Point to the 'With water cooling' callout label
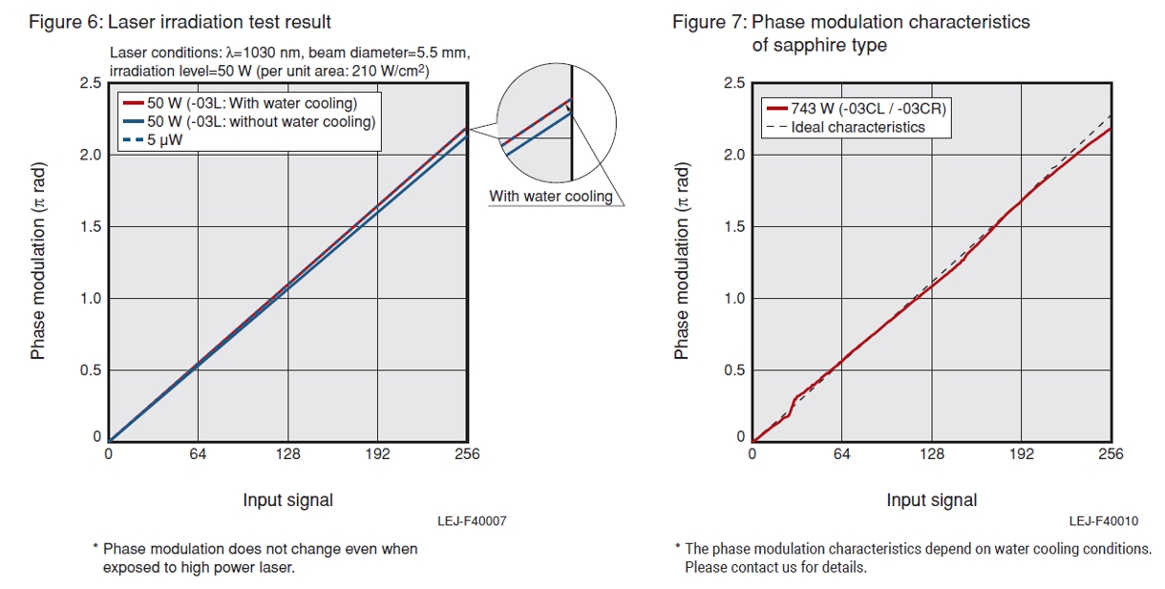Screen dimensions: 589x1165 point(550,197)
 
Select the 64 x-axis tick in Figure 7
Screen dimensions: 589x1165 point(841,454)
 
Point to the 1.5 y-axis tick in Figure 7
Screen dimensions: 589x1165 point(733,226)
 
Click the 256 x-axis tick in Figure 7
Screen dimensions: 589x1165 point(1110,454)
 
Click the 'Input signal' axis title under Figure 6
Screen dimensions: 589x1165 point(287,500)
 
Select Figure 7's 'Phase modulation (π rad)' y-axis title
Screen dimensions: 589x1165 point(682,261)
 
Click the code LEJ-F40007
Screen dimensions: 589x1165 point(472,521)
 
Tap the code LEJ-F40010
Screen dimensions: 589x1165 point(1104,521)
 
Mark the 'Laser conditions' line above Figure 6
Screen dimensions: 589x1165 point(289,52)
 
